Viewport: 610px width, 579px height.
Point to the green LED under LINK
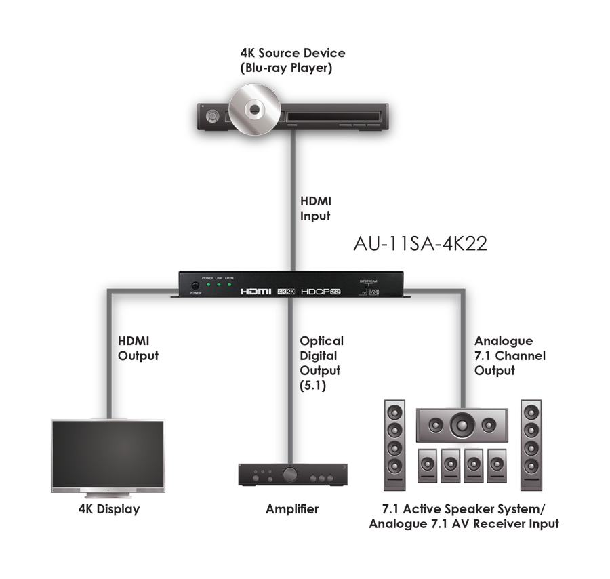pos(218,285)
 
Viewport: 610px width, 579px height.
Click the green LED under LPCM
pos(230,285)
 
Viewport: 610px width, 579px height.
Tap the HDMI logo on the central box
pos(256,291)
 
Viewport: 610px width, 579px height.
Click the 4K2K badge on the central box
pos(287,291)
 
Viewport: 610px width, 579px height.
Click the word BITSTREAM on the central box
pos(369,280)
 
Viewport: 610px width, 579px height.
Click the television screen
pos(108,453)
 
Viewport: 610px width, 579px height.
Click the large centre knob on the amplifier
pos(290,475)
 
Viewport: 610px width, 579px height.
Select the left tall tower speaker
pos(395,445)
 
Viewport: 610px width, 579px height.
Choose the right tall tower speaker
pos(531,445)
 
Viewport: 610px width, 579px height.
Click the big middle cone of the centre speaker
pos(462,426)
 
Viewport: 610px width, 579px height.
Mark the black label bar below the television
pos(109,510)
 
